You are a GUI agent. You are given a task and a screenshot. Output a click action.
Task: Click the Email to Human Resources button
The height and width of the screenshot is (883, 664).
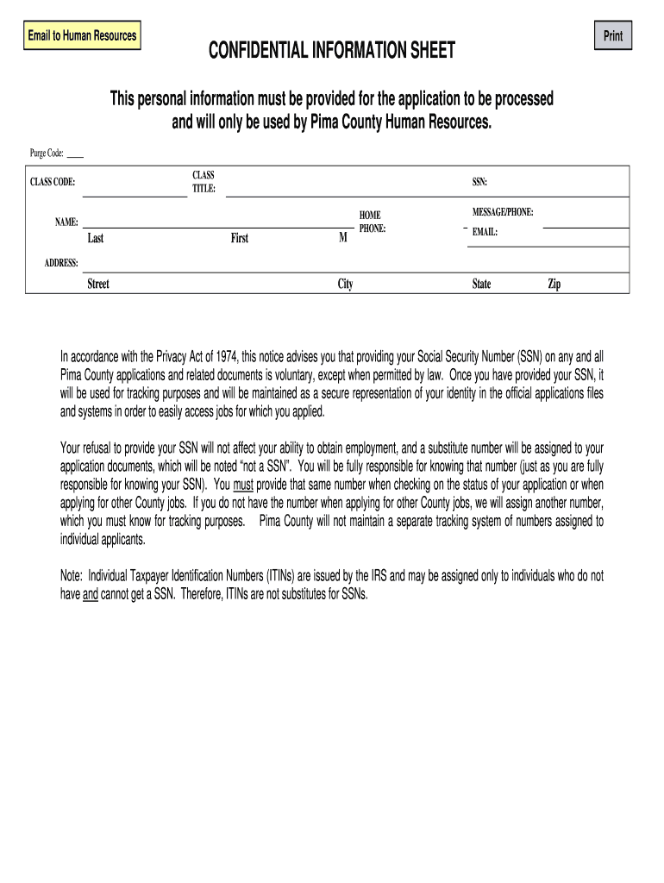(x=82, y=36)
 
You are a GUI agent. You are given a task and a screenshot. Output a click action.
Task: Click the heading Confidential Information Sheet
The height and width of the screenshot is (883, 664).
(x=332, y=53)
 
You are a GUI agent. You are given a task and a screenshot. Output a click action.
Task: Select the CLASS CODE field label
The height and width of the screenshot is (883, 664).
(x=53, y=183)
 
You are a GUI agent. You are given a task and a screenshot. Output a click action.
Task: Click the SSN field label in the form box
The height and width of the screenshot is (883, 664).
(x=479, y=182)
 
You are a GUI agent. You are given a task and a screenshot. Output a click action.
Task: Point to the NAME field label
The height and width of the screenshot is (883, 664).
(x=67, y=222)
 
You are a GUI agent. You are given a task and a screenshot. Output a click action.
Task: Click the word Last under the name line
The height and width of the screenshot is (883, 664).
(x=95, y=239)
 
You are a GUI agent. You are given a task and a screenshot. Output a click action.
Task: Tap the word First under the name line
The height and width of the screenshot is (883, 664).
(x=239, y=239)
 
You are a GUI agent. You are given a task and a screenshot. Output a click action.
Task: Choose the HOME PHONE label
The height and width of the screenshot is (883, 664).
(x=372, y=222)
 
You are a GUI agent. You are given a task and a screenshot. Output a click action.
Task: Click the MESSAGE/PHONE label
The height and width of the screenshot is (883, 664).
(x=503, y=211)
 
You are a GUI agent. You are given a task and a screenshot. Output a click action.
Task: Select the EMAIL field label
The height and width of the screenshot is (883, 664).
(x=485, y=232)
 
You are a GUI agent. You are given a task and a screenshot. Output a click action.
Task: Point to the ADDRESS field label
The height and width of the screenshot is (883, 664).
(x=62, y=262)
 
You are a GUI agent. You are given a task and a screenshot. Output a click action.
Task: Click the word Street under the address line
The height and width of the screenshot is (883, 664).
(x=98, y=284)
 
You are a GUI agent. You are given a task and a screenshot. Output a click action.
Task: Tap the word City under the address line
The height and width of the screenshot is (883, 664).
(x=345, y=284)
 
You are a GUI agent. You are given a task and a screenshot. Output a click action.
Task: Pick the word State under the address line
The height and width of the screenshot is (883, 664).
(x=481, y=284)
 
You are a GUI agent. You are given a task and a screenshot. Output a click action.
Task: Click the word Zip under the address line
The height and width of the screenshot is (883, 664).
(x=554, y=284)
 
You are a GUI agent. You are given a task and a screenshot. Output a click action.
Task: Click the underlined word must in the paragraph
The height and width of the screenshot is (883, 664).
(x=242, y=484)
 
